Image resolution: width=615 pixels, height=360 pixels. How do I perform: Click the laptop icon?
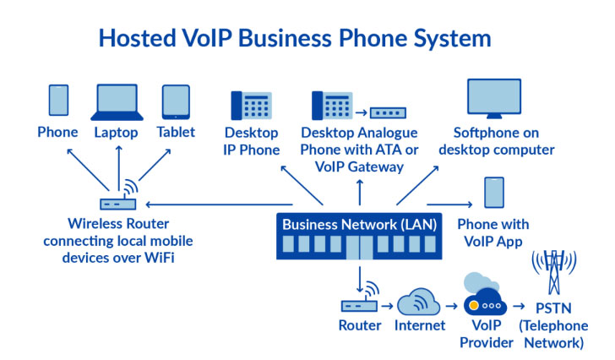[x=117, y=101]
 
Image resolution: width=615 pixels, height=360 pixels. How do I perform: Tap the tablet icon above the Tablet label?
[x=176, y=101]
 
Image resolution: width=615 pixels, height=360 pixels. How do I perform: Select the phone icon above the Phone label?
[x=57, y=100]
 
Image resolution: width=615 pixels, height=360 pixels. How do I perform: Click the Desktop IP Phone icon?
[x=250, y=106]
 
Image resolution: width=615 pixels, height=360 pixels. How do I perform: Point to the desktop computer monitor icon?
[x=503, y=99]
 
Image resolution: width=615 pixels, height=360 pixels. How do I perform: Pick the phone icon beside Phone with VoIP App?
[x=493, y=193]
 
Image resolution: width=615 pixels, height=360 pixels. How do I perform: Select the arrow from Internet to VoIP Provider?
[x=450, y=305]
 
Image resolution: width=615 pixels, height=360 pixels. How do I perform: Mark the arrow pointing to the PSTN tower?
[x=520, y=305]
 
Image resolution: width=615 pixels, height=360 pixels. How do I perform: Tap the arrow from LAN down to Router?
[x=361, y=276]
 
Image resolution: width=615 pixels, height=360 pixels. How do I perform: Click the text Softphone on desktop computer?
[x=503, y=141]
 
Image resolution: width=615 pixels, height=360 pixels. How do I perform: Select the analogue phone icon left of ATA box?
[x=330, y=106]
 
